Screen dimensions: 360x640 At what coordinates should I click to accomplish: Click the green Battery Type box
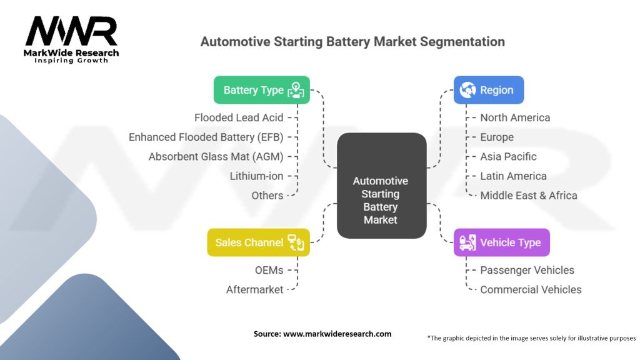(x=261, y=90)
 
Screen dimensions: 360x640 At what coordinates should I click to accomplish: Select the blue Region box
(x=488, y=90)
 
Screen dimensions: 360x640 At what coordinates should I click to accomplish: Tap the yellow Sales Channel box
(x=258, y=242)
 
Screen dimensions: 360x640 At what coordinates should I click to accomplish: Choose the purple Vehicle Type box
(x=501, y=242)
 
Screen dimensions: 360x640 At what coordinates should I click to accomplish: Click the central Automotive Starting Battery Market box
(x=381, y=200)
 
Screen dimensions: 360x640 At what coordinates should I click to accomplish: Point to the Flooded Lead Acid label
(x=239, y=117)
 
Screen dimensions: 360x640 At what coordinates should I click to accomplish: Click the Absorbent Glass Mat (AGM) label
(x=216, y=156)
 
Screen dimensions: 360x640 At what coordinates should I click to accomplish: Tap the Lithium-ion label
(x=256, y=176)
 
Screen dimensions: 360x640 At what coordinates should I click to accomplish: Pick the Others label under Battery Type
(x=267, y=195)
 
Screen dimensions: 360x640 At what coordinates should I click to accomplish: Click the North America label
(x=515, y=117)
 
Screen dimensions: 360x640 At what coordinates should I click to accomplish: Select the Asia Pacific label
(x=508, y=156)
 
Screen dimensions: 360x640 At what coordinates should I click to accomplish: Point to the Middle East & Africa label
(x=528, y=195)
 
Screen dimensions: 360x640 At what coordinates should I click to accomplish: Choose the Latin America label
(x=513, y=176)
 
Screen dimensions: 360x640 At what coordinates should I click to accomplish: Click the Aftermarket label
(x=254, y=289)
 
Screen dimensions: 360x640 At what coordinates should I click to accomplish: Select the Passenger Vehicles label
(x=527, y=270)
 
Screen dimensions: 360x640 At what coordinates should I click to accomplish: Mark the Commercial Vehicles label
(x=531, y=289)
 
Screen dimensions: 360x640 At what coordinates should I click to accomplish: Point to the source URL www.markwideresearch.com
(x=337, y=334)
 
